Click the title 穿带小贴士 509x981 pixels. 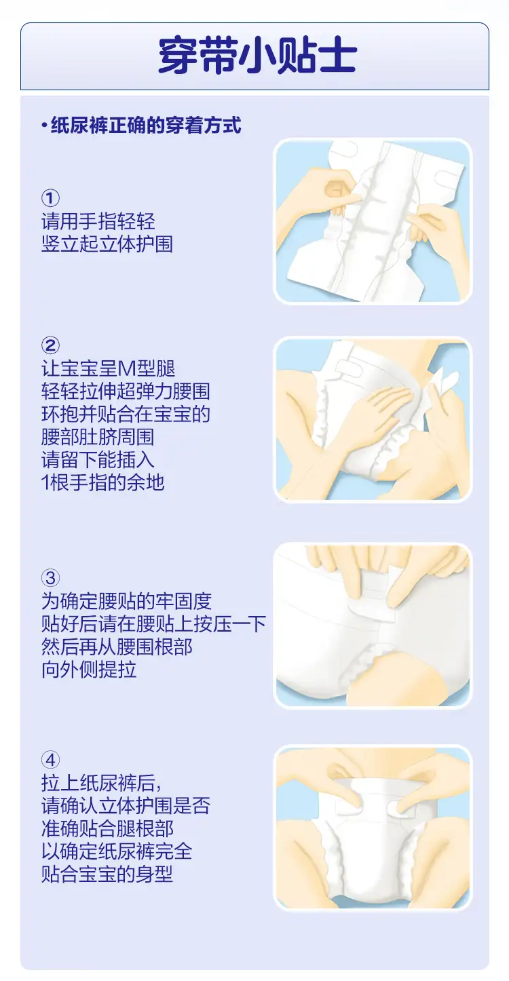(x=257, y=56)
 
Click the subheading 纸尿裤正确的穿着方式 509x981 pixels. (x=146, y=126)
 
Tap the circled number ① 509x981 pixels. (x=50, y=198)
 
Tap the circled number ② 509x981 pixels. (x=50, y=345)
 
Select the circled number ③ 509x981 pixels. (x=50, y=577)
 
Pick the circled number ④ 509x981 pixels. (x=50, y=760)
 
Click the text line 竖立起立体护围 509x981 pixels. (x=107, y=244)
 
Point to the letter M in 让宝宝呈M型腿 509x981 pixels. (x=127, y=369)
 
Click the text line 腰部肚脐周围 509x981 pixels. (x=98, y=437)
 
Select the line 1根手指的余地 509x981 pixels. (x=103, y=482)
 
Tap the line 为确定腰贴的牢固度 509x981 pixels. (x=127, y=601)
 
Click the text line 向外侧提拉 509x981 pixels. (x=89, y=670)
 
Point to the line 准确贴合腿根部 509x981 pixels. (x=108, y=828)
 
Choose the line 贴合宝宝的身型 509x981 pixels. (x=107, y=874)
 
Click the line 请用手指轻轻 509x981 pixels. (x=98, y=221)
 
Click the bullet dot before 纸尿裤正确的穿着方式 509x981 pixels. (x=44, y=126)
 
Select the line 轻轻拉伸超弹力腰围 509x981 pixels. (x=126, y=391)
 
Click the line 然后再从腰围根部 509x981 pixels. (x=117, y=647)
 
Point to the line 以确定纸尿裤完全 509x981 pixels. (x=117, y=851)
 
